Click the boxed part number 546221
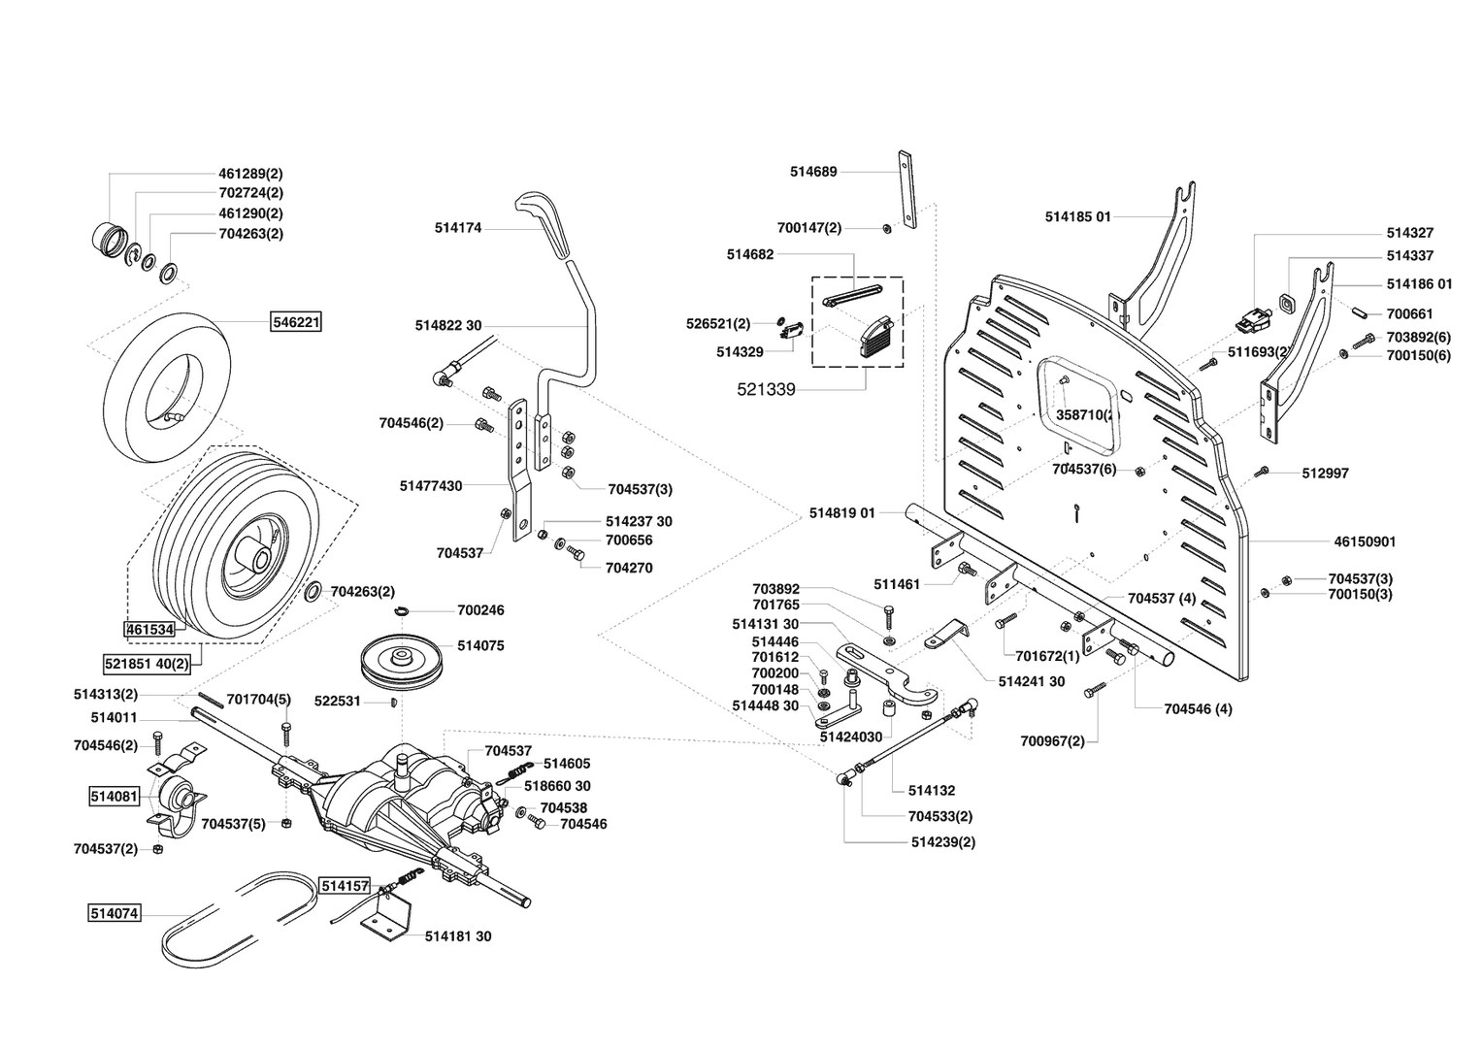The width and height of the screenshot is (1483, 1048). point(296,320)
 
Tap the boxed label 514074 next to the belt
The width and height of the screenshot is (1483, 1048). point(115,913)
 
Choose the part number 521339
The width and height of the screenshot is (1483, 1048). point(766,389)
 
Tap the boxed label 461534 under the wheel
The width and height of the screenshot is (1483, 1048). point(149,629)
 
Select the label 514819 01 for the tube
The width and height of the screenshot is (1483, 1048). point(841,512)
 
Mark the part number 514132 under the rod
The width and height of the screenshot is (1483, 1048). point(932,791)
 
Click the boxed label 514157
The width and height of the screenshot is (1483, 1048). point(346,886)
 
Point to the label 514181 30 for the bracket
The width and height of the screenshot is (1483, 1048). point(458,936)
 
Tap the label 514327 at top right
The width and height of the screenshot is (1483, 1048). point(1409,233)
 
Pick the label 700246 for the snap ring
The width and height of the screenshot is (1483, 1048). point(480,610)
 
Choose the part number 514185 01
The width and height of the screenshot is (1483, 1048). point(1077,216)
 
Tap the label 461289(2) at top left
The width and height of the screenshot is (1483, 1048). point(250,173)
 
